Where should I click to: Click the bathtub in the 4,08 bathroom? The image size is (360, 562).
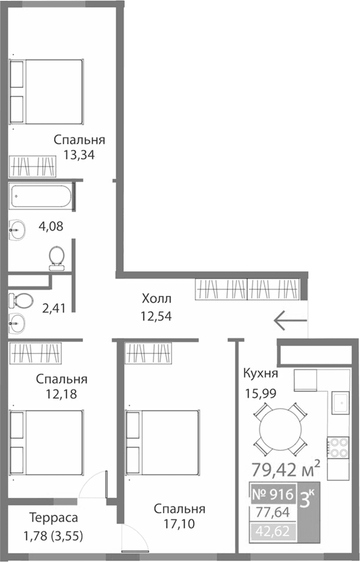tap(41, 196)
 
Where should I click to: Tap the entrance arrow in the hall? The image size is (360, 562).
tap(290, 320)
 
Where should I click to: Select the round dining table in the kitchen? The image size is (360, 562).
tap(282, 429)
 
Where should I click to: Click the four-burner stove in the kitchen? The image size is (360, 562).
tap(338, 447)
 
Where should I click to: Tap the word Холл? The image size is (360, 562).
tap(156, 299)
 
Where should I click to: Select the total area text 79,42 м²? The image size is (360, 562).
tap(285, 470)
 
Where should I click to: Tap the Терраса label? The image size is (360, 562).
tap(54, 517)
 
